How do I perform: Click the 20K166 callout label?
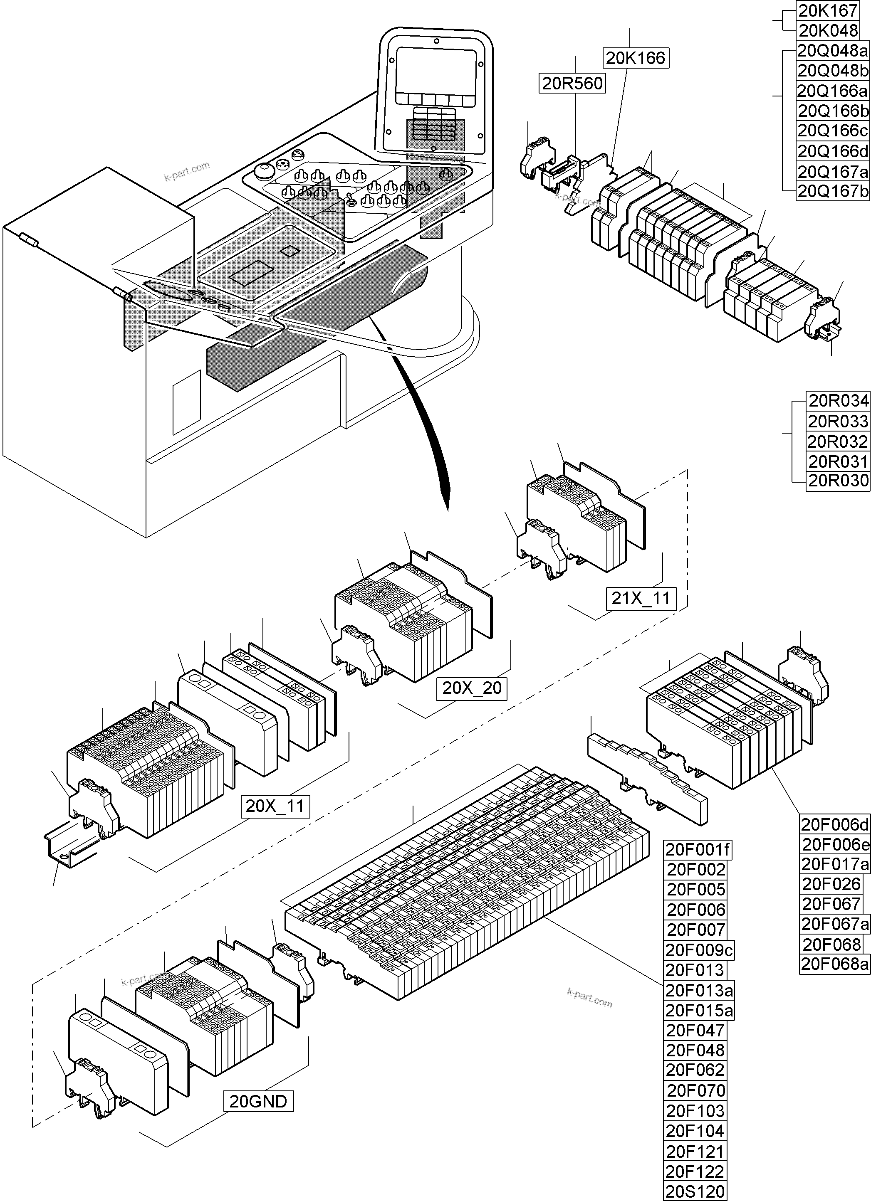(635, 58)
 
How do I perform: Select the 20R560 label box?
(573, 83)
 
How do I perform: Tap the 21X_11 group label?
(641, 598)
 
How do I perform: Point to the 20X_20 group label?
(472, 688)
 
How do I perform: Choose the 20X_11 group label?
(275, 806)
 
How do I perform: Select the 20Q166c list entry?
(833, 130)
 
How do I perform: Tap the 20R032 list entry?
(838, 441)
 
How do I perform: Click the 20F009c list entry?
(699, 950)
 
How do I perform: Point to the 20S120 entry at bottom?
(695, 1192)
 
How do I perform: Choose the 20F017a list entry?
(834, 864)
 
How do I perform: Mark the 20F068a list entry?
(834, 964)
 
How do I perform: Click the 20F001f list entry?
(698, 850)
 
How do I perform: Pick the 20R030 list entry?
(838, 481)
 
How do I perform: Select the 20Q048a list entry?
(833, 51)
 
